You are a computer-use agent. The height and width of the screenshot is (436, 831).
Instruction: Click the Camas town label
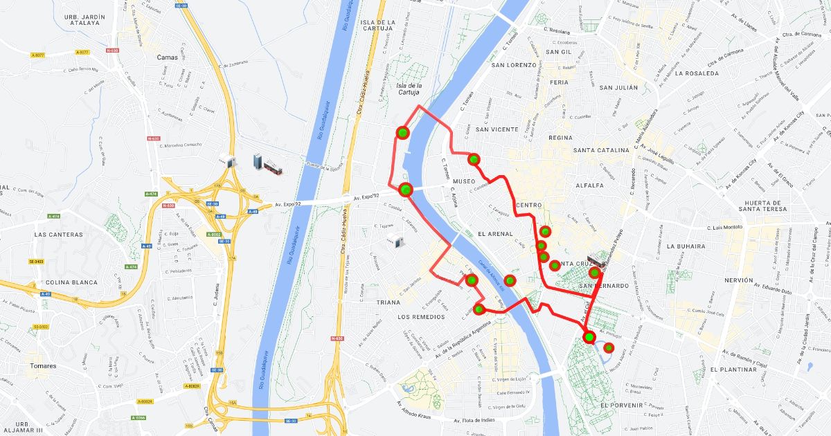168,57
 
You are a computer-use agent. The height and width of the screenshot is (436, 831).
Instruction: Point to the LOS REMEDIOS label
421,316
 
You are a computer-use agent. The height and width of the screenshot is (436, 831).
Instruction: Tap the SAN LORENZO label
515,66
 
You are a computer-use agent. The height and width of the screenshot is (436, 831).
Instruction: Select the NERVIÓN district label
738,280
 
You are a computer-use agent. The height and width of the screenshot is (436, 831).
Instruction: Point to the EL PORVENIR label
623,405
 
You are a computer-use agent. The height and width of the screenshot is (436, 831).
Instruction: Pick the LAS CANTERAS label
58,235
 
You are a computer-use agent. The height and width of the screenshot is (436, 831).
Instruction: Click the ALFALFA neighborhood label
589,185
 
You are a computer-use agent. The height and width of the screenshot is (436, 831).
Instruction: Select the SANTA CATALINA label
600,150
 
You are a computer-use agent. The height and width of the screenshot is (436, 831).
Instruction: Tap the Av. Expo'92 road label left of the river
287,204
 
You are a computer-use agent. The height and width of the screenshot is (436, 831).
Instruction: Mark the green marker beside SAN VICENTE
474,159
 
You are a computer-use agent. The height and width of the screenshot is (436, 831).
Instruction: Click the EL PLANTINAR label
733,370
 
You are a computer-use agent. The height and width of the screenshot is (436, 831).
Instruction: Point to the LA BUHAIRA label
686,246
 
